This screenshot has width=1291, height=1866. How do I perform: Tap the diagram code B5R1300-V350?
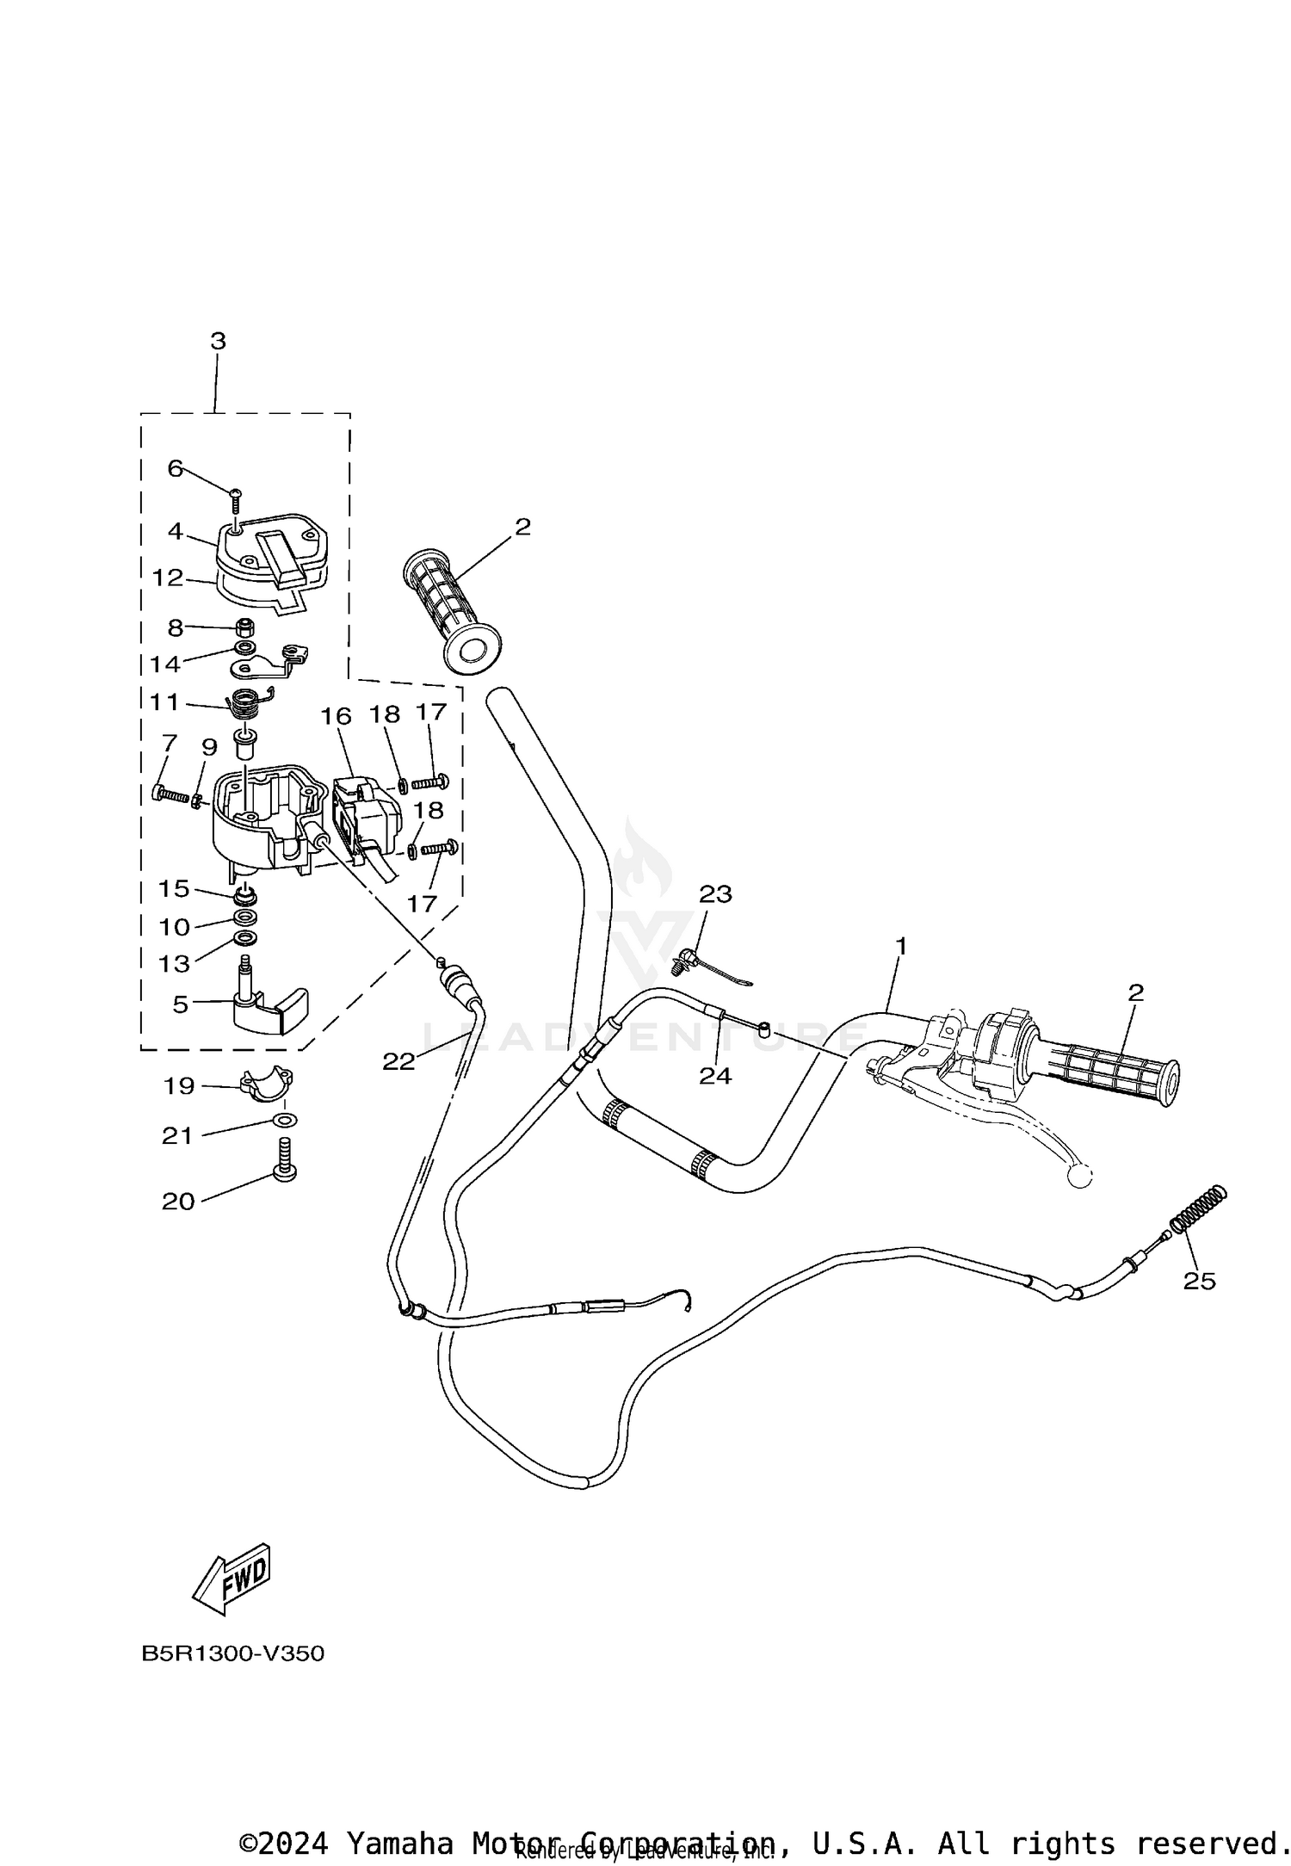(233, 1654)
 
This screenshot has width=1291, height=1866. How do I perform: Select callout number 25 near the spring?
(1199, 1306)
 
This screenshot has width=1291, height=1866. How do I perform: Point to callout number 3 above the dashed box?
(218, 341)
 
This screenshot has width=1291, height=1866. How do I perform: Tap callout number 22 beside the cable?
(398, 1061)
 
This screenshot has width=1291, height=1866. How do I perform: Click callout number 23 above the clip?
(715, 894)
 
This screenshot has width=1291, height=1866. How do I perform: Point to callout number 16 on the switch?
(337, 715)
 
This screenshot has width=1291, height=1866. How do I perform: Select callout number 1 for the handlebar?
(901, 946)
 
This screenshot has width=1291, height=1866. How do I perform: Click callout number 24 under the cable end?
(715, 1075)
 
